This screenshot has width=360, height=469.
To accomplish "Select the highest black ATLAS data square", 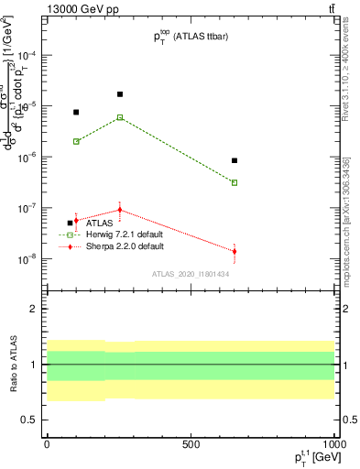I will pos(120,94).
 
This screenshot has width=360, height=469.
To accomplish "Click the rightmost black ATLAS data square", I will pos(235,160).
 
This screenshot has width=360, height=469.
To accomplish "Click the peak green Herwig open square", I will pos(120,117).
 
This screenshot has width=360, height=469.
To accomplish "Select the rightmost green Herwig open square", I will pos(235,182).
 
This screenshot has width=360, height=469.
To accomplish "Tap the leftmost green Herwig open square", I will pos(76,141).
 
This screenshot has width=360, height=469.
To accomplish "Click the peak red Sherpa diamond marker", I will pos(120,210).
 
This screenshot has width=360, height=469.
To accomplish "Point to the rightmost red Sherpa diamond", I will pos(235,251).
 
